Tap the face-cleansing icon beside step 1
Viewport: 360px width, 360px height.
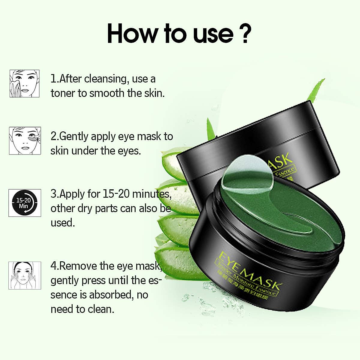pos(25,83)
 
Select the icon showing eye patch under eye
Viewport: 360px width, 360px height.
pos(25,141)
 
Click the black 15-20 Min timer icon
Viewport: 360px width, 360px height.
pos(25,203)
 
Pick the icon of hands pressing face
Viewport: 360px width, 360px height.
pos(25,275)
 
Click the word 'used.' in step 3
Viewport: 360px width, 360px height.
pos(62,223)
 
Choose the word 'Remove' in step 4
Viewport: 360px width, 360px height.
pos(79,266)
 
